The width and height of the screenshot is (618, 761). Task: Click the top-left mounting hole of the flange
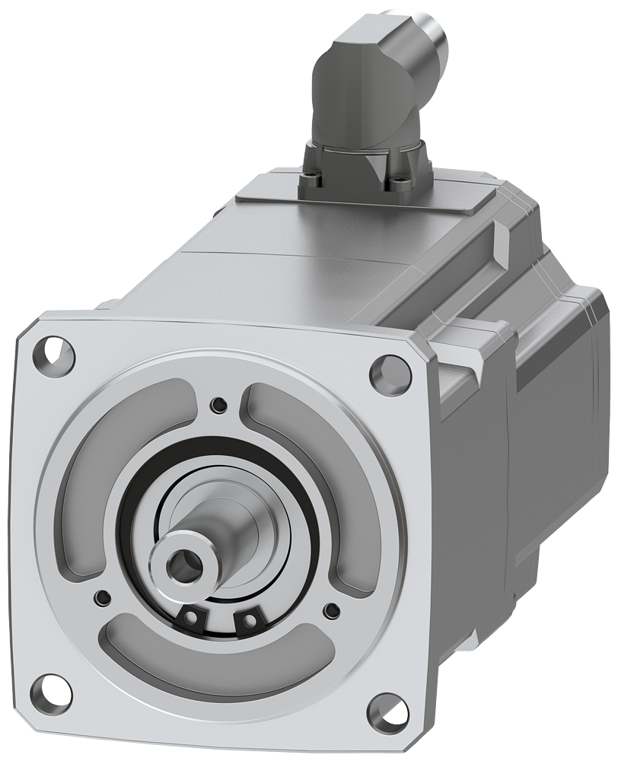pos(55,353)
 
